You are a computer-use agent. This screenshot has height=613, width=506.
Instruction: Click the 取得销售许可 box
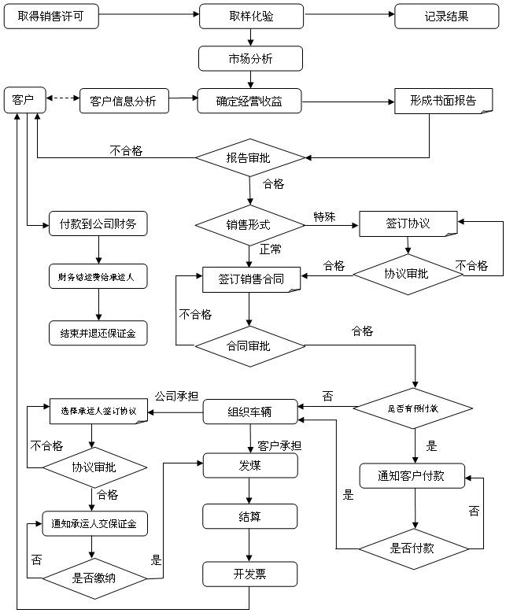[51, 17]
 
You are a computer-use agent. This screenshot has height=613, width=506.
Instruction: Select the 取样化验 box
[251, 17]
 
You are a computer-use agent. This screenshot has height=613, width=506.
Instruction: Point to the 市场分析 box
[250, 58]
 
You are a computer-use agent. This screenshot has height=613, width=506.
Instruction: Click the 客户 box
[23, 100]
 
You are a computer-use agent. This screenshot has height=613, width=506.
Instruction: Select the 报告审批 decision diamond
[249, 158]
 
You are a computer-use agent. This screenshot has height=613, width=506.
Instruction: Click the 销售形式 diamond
[249, 224]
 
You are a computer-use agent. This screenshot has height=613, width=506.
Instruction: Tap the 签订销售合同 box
[250, 279]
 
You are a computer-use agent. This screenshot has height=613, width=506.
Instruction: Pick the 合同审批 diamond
[249, 344]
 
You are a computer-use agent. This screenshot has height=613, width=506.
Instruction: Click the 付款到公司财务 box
[98, 224]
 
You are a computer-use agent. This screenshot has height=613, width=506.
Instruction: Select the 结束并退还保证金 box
[98, 332]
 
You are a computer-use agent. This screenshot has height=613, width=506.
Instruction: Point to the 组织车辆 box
[250, 411]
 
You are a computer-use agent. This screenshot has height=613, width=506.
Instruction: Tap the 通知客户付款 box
[412, 476]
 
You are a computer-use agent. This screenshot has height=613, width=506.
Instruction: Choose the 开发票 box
[250, 574]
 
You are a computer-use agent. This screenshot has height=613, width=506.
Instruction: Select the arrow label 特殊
[324, 216]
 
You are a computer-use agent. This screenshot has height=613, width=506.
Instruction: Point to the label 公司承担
[175, 396]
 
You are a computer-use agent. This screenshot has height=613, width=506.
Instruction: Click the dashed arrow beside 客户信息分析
[63, 99]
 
